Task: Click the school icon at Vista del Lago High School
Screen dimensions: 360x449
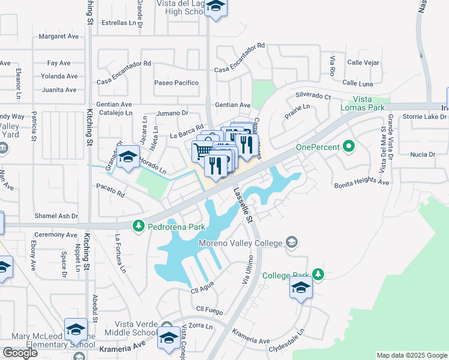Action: pyautogui.click(x=214, y=8)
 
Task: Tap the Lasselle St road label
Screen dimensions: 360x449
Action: pyautogui.click(x=243, y=205)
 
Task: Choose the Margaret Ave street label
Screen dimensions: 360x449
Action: pyautogui.click(x=59, y=36)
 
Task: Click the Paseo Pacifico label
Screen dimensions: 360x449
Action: pyautogui.click(x=176, y=83)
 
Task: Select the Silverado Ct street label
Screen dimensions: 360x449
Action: pyautogui.click(x=313, y=96)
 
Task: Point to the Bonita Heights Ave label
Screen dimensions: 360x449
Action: pyautogui.click(x=361, y=182)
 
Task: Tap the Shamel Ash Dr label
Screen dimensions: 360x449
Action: pyautogui.click(x=56, y=215)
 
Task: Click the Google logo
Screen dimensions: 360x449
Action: pyautogui.click(x=20, y=353)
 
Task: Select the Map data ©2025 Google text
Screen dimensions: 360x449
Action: pyautogui.click(x=412, y=355)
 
